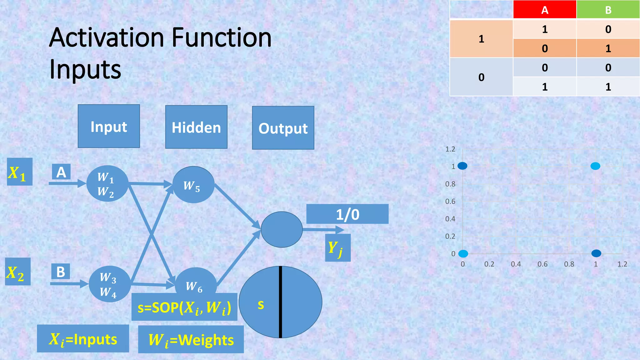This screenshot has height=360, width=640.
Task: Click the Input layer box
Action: (109, 126)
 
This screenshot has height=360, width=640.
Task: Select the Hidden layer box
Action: (196, 127)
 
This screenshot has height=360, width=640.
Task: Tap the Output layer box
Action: (283, 128)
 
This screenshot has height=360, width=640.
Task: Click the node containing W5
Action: (193, 185)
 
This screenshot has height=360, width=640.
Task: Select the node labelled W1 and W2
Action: (107, 183)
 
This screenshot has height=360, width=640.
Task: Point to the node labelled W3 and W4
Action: (109, 284)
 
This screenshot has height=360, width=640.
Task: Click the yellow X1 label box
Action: (19, 172)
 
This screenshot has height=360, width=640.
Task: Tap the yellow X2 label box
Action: (17, 272)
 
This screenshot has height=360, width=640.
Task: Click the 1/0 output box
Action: (347, 214)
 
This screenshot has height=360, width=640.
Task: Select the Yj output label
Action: (337, 248)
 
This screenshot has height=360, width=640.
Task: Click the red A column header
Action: (544, 10)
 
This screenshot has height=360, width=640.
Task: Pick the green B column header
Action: (608, 10)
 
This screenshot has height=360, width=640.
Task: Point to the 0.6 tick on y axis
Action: (450, 201)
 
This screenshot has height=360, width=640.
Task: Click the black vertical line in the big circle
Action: (281, 302)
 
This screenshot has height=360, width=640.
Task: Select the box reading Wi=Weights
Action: (191, 339)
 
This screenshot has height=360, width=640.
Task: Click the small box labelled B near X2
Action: (61, 272)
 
